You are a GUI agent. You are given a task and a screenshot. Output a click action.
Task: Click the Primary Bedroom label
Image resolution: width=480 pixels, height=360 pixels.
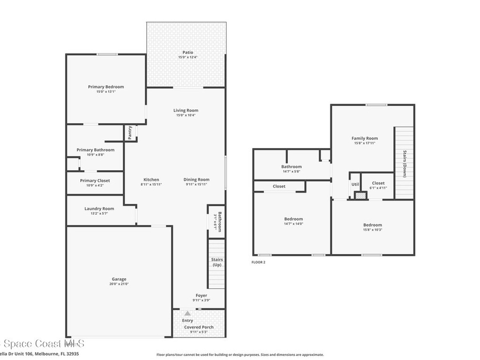click(x=106, y=87)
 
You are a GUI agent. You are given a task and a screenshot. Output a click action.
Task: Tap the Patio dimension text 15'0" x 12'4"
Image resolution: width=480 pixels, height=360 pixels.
click(x=187, y=58)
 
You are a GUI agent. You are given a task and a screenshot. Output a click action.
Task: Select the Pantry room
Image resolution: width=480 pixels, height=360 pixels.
click(x=130, y=133)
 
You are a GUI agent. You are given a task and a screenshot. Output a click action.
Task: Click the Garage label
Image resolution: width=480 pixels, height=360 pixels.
click(x=119, y=279)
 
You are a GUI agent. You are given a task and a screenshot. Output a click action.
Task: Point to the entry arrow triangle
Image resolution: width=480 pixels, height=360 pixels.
click(x=187, y=313)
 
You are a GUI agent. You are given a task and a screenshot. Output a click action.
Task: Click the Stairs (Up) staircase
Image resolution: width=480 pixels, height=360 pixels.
click(x=217, y=263)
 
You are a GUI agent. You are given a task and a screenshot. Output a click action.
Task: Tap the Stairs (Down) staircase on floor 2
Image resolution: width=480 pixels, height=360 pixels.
click(x=404, y=163)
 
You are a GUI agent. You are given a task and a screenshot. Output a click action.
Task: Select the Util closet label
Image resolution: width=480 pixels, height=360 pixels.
click(x=355, y=184)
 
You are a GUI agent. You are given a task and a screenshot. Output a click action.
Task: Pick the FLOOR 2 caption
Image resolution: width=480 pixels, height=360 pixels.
click(x=258, y=262)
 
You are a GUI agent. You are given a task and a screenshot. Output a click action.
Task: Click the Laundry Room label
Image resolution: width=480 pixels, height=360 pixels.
click(x=99, y=209)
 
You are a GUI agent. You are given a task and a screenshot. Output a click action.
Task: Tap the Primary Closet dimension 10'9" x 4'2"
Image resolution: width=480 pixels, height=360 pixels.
click(x=95, y=186)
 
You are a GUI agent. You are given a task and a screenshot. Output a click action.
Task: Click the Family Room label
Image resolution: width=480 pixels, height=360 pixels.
click(x=365, y=138)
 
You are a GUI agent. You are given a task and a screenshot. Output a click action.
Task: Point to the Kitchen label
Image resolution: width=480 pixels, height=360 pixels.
click(x=151, y=180)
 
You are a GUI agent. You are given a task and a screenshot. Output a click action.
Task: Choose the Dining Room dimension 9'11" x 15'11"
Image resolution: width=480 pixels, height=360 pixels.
click(x=196, y=185)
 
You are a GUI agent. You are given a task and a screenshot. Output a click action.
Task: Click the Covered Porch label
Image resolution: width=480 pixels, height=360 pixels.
click(x=199, y=327)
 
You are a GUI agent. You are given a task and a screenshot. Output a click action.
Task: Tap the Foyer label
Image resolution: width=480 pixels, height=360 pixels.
click(x=201, y=295)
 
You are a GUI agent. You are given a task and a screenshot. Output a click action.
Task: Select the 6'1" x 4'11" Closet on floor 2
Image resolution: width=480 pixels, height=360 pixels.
click(x=378, y=185)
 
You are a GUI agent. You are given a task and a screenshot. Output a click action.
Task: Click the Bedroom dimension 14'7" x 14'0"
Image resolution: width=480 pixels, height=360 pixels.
click(x=293, y=224)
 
